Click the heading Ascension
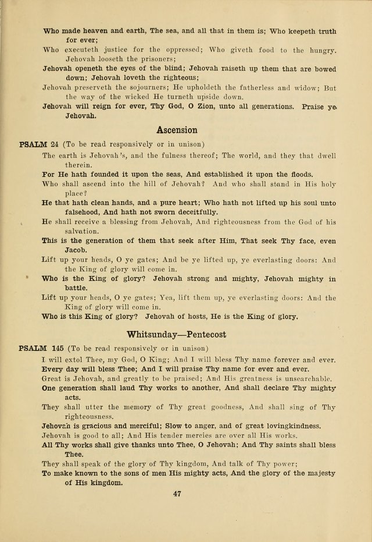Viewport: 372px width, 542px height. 177,130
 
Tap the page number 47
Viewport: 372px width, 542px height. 178,494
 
